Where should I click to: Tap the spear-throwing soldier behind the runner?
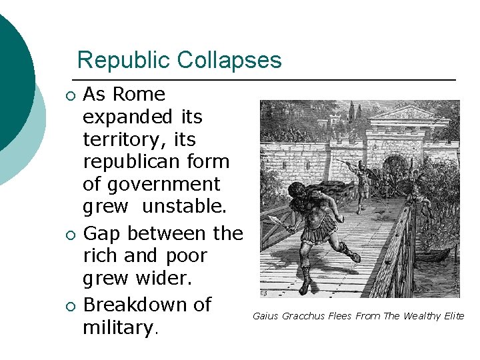tap(361, 176)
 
